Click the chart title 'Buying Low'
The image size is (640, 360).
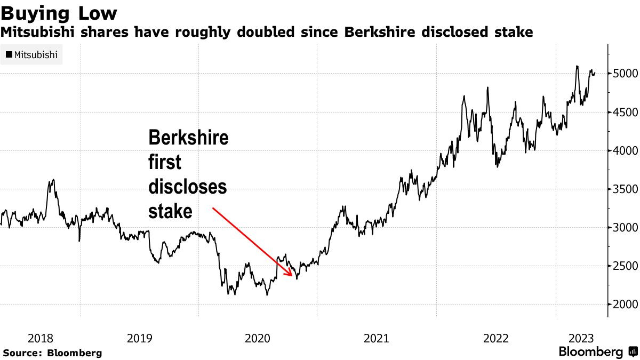coord(59,12)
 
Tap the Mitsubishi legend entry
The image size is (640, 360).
coord(31,54)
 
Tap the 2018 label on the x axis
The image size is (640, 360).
coord(41,338)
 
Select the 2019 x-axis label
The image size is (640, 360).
coord(140,338)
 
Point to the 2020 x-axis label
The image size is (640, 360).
coord(258,338)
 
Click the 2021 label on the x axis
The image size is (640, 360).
coord(377,338)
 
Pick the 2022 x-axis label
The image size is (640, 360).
coord(495,338)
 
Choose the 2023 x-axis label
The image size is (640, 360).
coord(581,338)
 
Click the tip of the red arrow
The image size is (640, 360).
coord(293,276)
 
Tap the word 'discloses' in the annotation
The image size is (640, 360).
coord(188,187)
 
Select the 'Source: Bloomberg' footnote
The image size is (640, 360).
coord(52,353)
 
